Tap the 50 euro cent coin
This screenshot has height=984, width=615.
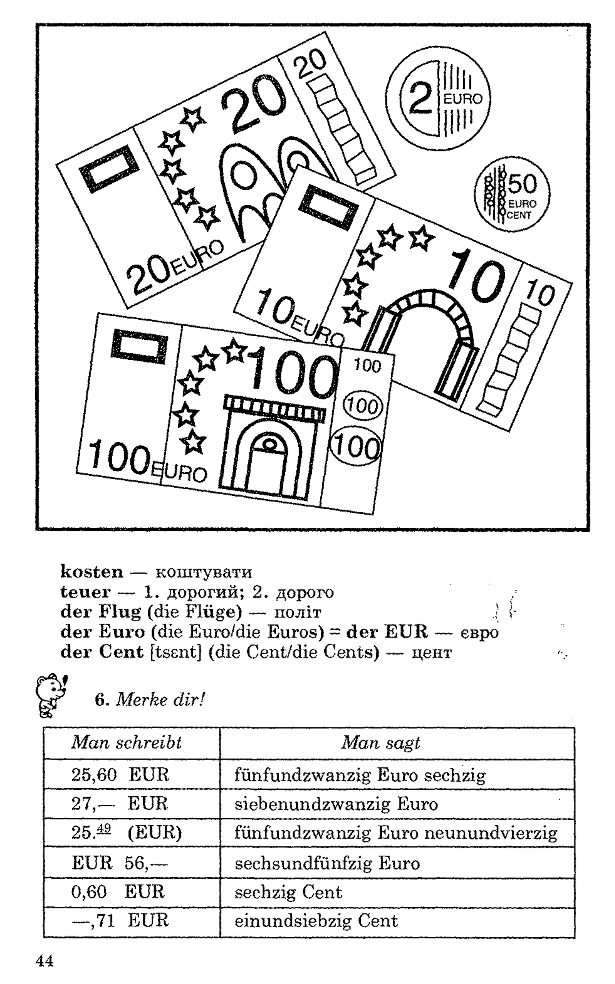pos(512,194)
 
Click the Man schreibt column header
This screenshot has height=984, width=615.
pos(126,743)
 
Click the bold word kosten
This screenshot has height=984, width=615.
pos(92,571)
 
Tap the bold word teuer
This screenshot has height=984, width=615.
pos(85,592)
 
